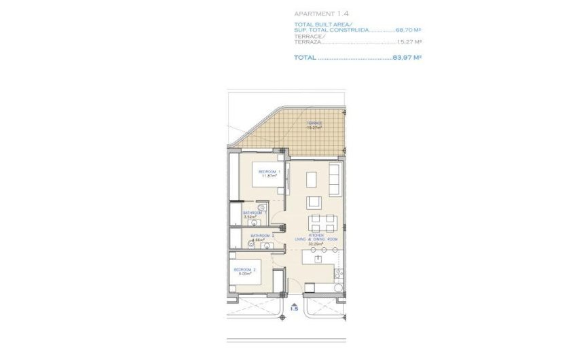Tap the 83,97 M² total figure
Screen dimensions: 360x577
point(407,58)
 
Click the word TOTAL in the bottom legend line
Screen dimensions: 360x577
point(305,58)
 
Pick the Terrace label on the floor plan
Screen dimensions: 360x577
point(314,123)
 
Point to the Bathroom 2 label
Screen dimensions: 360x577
point(262,236)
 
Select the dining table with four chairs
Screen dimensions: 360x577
point(322,222)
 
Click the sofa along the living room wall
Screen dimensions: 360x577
point(335,179)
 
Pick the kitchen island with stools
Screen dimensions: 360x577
point(320,257)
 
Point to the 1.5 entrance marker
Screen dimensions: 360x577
point(293,308)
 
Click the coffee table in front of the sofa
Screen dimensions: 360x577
point(312,179)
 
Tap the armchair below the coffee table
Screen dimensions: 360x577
point(314,202)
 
